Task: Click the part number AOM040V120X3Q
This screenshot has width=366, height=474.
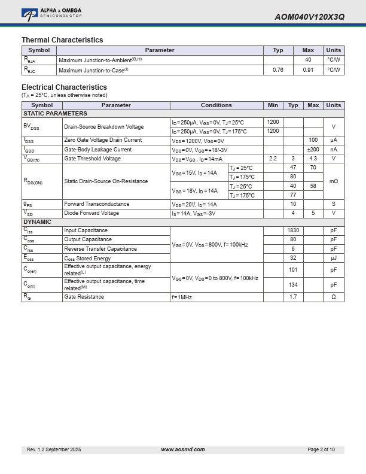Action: point(309,17)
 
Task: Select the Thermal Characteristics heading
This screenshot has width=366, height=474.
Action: point(62,40)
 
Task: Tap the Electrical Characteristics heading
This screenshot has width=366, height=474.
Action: point(64,87)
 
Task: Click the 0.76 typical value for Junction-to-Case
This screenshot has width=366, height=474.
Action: point(278,70)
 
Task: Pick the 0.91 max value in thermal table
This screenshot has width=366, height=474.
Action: point(308,70)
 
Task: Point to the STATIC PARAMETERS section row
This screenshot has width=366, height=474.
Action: point(55,114)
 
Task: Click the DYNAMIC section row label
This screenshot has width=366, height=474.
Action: point(37,222)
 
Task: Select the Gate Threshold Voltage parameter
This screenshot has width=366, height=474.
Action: point(92,159)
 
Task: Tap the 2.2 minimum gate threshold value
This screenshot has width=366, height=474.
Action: point(273,159)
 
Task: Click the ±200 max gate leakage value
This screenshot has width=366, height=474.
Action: point(313,150)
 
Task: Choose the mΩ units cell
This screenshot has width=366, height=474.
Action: point(334,181)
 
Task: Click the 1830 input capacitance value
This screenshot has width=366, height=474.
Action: point(293,230)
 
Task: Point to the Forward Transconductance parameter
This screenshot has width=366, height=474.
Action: point(96,204)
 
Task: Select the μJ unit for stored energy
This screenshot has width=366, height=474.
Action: point(334,258)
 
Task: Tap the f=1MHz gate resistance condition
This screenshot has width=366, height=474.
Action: point(182,297)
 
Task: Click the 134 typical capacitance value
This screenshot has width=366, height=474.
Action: point(293,285)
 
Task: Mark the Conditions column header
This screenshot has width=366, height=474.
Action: point(216,105)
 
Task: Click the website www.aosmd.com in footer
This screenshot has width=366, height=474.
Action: point(183,449)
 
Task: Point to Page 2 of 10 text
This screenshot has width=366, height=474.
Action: point(321,449)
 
